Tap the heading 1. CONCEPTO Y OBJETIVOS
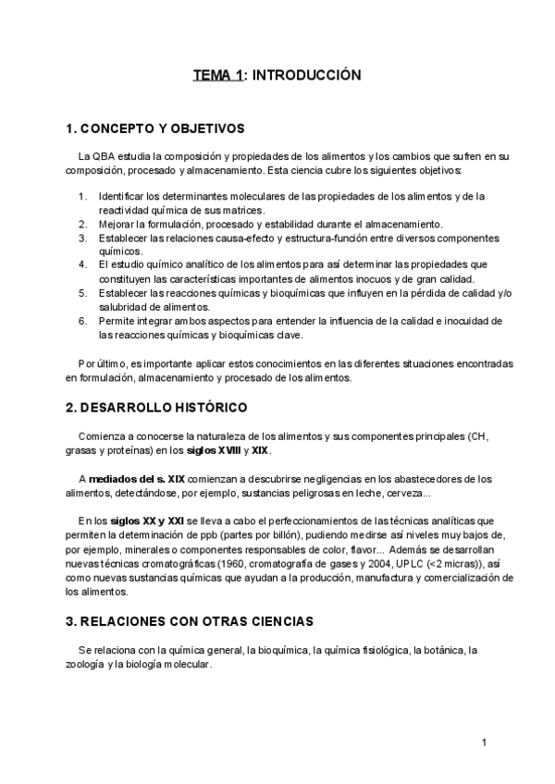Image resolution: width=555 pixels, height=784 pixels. [155, 129]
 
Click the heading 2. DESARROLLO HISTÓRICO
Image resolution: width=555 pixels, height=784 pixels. [157, 407]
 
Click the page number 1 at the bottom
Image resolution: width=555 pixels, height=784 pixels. [484, 742]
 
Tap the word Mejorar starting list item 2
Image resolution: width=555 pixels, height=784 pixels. [118, 224]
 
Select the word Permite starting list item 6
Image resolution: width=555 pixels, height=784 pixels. [117, 321]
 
